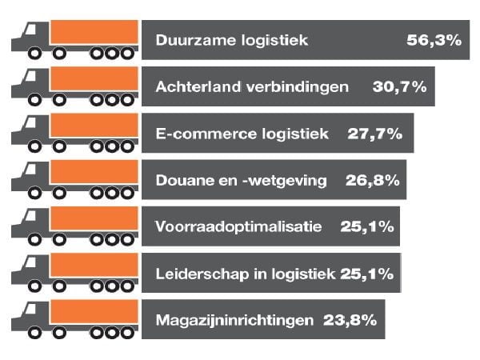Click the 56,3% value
[434, 40]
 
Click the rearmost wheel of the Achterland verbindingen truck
[127, 101]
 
